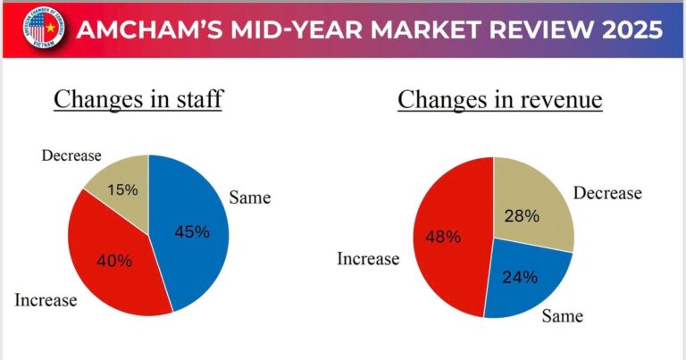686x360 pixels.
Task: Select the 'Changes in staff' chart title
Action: pos(138,99)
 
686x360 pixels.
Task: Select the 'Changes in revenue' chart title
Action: pos(500,99)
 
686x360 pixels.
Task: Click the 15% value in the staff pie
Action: pos(122,190)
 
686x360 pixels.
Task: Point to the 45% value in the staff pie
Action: pos(191,232)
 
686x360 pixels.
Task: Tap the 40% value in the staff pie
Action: pos(114,262)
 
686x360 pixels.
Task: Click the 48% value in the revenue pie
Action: pos(443,237)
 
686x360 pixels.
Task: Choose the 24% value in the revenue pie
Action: pos(520,277)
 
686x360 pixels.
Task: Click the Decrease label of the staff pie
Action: pos(72,155)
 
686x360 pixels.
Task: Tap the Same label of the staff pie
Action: pos(249,196)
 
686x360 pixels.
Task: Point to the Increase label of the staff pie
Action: pos(46,300)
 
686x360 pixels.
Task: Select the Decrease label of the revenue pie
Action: pos(607,193)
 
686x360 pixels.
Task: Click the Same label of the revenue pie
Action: pos(563,316)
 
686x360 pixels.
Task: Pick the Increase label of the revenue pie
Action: pos(367,259)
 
